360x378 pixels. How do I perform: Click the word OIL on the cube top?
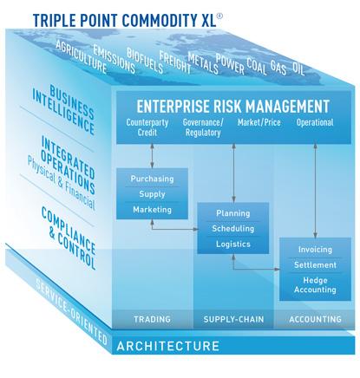(298, 68)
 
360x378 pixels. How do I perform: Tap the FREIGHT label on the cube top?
(175, 62)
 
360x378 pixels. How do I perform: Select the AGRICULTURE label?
(82, 56)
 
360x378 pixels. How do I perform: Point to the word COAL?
(256, 66)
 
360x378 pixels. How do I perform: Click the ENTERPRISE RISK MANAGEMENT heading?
(232, 106)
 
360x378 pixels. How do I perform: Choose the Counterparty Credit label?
(147, 127)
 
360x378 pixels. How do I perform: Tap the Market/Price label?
(259, 122)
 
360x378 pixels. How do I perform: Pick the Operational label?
(315, 123)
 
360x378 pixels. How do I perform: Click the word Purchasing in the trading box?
(152, 179)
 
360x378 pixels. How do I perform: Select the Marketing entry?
(152, 209)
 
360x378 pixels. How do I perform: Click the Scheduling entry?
(233, 229)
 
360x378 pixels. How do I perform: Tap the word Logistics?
(233, 244)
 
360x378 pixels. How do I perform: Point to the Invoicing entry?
(315, 250)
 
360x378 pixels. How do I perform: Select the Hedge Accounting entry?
(315, 285)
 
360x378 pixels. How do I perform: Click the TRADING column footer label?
(152, 319)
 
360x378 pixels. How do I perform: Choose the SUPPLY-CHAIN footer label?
(233, 319)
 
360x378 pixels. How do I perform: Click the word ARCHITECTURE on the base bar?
(168, 346)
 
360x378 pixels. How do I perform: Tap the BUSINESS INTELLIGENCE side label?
(64, 109)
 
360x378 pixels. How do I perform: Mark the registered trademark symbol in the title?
(219, 16)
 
